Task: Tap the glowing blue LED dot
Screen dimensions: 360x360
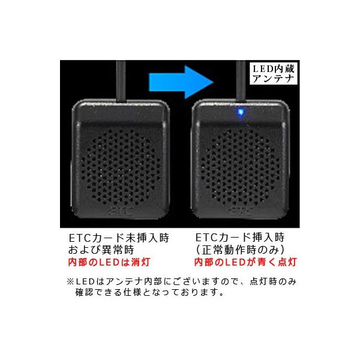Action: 241,111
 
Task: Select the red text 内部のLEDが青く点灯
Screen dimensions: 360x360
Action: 245,262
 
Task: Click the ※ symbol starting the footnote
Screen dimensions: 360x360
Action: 70,281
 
